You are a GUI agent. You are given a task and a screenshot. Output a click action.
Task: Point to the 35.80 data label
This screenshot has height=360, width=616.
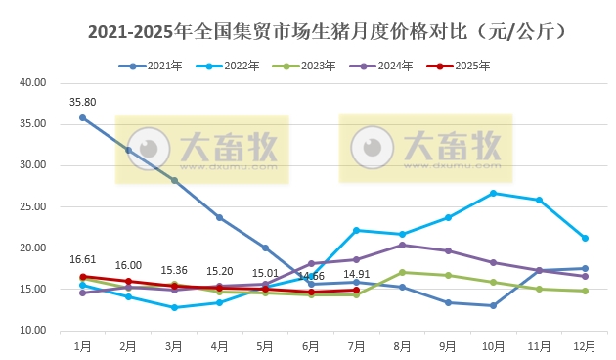[82, 101]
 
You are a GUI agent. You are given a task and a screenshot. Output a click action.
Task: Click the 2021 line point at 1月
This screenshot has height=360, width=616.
[82, 117]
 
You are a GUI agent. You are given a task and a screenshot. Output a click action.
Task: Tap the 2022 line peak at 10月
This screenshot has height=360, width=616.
[493, 193]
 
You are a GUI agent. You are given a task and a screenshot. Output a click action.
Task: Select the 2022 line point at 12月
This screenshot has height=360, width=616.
[584, 238]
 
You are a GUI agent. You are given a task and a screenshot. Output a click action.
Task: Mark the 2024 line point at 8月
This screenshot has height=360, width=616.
[402, 245]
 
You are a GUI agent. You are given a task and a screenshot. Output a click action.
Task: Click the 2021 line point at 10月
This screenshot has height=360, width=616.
[493, 305]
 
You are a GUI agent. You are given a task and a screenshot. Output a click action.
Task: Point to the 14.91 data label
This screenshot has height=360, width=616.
[356, 274]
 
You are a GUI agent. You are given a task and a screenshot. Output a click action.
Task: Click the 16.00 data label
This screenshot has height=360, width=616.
[128, 265]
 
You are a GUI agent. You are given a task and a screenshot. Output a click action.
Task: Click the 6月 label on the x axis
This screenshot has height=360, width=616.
[310, 345]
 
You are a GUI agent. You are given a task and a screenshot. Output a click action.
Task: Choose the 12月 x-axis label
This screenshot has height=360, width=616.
[584, 345]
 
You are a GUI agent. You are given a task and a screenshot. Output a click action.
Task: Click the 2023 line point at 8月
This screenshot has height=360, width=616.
[402, 272]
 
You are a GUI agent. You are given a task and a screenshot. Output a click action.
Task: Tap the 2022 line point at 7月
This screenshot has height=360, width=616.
[356, 230]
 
